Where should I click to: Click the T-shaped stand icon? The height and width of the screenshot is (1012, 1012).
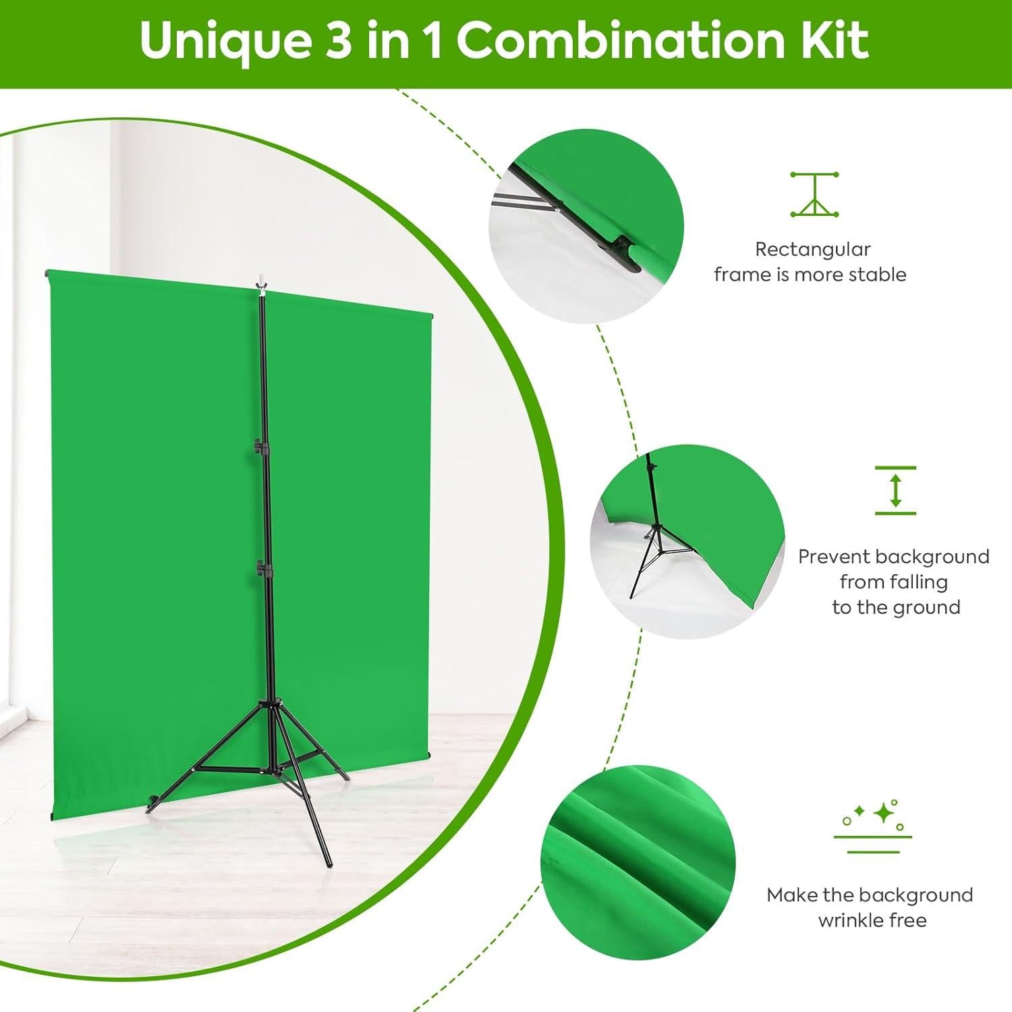tap(814, 194)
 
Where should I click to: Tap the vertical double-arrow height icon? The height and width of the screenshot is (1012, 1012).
tap(895, 490)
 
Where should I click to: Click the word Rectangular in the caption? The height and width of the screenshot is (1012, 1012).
tap(812, 250)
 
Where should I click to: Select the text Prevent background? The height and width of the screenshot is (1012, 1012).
tap(893, 557)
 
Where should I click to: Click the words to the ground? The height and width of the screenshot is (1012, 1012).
tap(895, 607)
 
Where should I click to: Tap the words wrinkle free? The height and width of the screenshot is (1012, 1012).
tap(872, 920)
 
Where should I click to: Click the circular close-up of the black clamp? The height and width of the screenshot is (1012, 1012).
tap(586, 225)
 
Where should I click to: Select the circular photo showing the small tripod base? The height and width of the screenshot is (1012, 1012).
tap(687, 542)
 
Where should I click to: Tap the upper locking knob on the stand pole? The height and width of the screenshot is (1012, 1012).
tap(259, 445)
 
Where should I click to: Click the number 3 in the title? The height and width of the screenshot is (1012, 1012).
tap(339, 42)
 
